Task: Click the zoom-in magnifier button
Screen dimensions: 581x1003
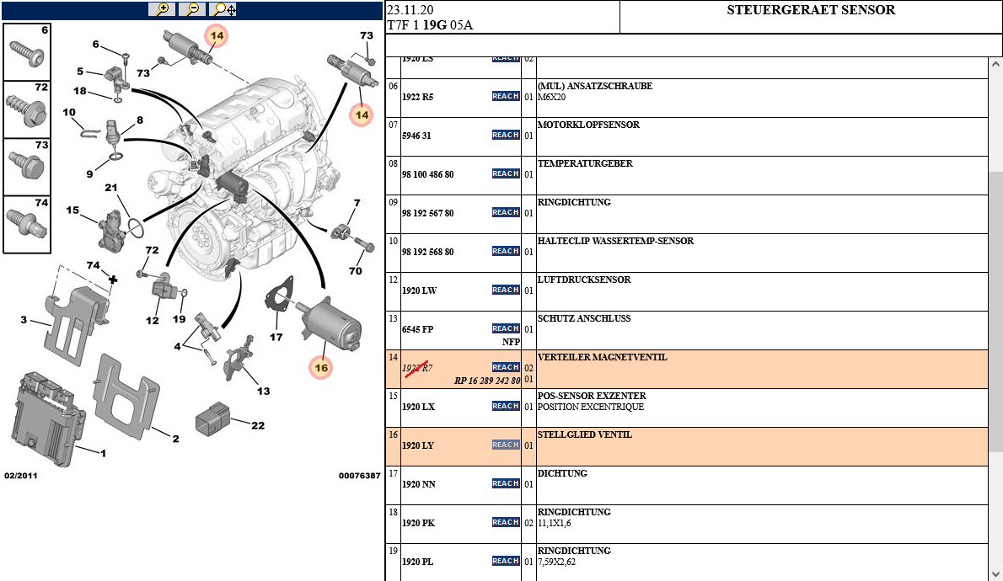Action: coord(161,9)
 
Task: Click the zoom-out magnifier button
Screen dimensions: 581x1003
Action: coord(192,9)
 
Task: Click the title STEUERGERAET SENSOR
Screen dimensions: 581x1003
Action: coord(811,10)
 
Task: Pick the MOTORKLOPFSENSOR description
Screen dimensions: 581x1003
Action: coord(588,125)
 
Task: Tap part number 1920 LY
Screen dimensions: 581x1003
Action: coord(418,445)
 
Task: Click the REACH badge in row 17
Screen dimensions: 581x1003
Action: coord(506,483)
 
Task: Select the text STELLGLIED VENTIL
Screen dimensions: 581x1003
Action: coord(584,434)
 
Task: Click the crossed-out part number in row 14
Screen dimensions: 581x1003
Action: coord(417,368)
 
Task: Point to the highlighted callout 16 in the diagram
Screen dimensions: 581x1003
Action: coord(321,367)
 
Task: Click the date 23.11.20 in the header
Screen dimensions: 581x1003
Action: coord(410,10)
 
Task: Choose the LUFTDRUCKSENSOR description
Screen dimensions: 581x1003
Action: coord(584,280)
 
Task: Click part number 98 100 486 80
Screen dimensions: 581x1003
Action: coord(428,174)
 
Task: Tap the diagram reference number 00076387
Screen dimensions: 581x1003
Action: coord(359,476)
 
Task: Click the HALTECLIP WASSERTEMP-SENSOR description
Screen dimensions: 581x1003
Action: coord(615,241)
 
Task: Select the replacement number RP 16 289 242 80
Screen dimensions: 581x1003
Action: coord(487,381)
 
